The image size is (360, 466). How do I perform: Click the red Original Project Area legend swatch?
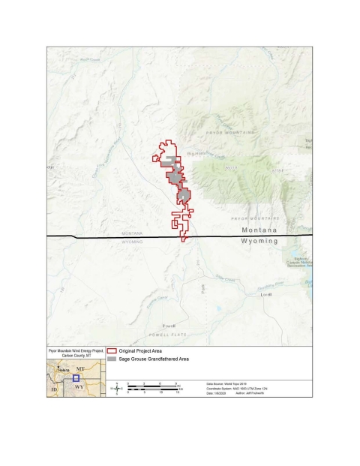112,350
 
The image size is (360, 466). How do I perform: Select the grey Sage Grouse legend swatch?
112,359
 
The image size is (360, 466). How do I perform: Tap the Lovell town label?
265,295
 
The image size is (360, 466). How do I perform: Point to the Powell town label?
168,325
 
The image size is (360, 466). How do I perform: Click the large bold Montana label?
259,230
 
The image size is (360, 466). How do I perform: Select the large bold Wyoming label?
259,242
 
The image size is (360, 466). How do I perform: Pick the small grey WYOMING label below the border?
133,242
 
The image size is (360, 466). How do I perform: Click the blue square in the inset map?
75,379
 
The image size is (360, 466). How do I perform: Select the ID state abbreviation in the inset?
53,390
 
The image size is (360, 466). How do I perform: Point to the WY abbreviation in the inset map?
78,388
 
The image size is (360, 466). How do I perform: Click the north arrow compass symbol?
116,388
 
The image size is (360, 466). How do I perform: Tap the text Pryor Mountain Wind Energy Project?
76,350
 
